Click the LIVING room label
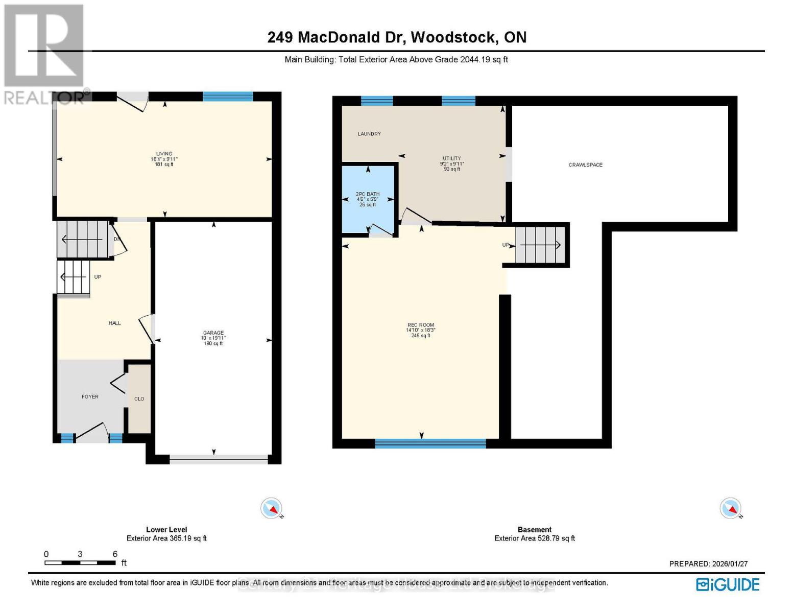pos(164,154)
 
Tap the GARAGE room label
pos(213,333)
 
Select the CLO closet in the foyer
pos(139,398)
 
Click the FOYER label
pos(90,396)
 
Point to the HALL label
pos(114,323)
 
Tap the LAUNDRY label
pos(369,134)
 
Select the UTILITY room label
pos(451,158)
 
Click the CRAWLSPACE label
pos(585,165)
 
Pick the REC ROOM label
pos(420,325)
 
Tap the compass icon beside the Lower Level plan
pos(271,508)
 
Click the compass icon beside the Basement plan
pos(730,508)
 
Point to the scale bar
pos(80,562)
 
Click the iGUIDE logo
pos(728,584)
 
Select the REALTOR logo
pos(44,54)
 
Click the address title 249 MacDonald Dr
pos(397,37)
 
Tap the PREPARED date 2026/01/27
pos(708,563)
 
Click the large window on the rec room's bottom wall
pos(430,443)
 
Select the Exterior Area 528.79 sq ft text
pos(535,538)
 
